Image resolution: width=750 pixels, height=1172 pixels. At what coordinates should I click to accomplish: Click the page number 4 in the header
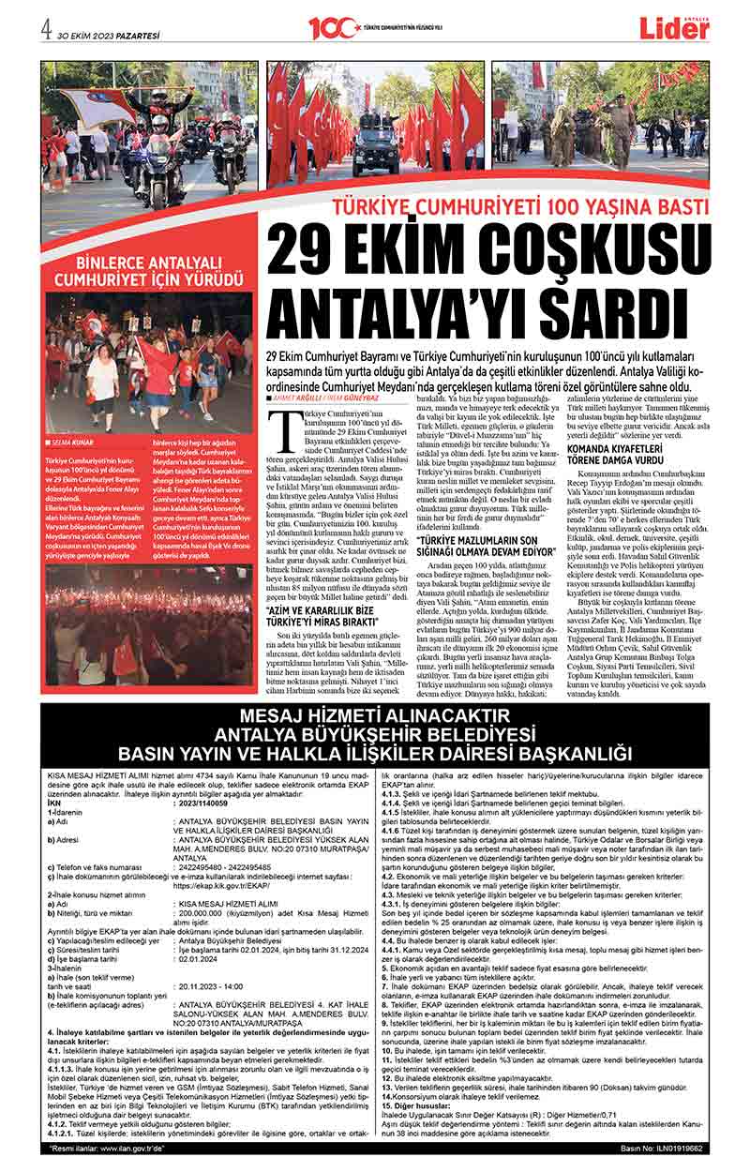[45, 27]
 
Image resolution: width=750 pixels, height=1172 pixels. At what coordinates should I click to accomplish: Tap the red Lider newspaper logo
[675, 29]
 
